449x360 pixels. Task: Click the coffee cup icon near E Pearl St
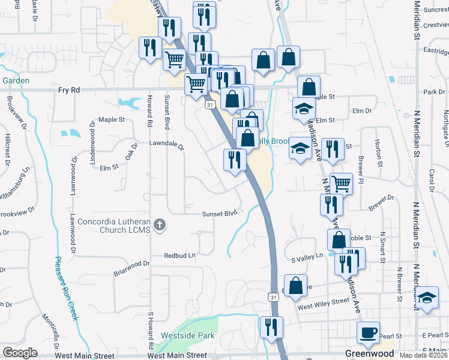(368, 332)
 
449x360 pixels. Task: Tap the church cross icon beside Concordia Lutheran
(159, 224)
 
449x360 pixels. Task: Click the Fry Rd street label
(69, 90)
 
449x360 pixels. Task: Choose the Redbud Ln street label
(181, 256)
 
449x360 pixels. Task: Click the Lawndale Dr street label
(166, 145)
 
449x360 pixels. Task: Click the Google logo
(20, 353)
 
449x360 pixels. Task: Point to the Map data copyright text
(423, 355)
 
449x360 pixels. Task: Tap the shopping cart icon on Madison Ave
(341, 183)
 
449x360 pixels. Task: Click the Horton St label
(378, 152)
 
